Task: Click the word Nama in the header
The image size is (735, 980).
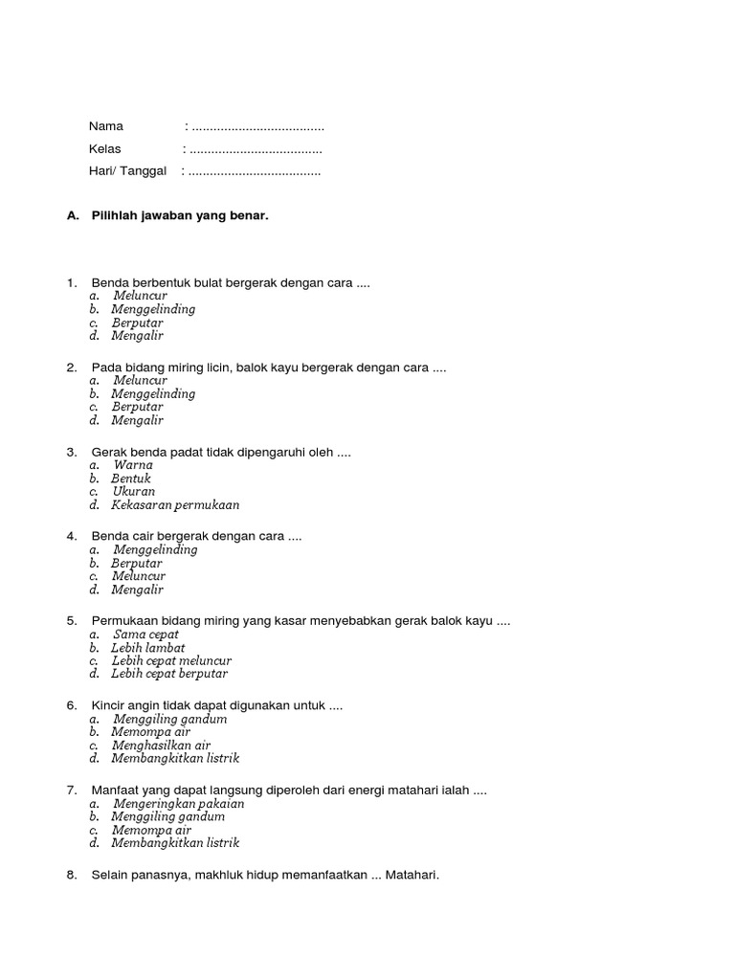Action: [x=106, y=126]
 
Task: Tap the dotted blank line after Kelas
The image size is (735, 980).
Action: [x=256, y=150]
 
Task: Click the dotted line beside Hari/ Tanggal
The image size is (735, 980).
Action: [x=255, y=172]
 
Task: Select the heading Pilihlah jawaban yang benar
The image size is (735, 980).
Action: [x=180, y=216]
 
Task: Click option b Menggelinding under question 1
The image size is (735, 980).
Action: [x=153, y=309]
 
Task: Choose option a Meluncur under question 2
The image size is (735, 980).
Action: [x=140, y=380]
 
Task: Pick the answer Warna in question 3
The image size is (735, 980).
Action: [x=133, y=465]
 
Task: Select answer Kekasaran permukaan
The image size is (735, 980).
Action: [x=175, y=504]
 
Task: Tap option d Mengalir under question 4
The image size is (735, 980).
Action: [x=137, y=590]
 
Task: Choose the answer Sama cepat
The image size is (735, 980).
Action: [x=145, y=635]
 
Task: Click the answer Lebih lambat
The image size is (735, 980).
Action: [x=147, y=648]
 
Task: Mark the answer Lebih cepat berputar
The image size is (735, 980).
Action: [x=169, y=674]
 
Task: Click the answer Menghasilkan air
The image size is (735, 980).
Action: [x=161, y=746]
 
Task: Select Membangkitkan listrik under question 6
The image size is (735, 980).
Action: [x=175, y=758]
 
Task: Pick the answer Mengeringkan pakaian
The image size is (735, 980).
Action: [x=179, y=804]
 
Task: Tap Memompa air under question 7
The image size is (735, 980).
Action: [x=151, y=831]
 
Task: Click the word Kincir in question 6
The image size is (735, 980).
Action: [x=107, y=705]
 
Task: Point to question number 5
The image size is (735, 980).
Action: [x=72, y=621]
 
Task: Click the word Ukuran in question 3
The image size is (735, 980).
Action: [x=133, y=492]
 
